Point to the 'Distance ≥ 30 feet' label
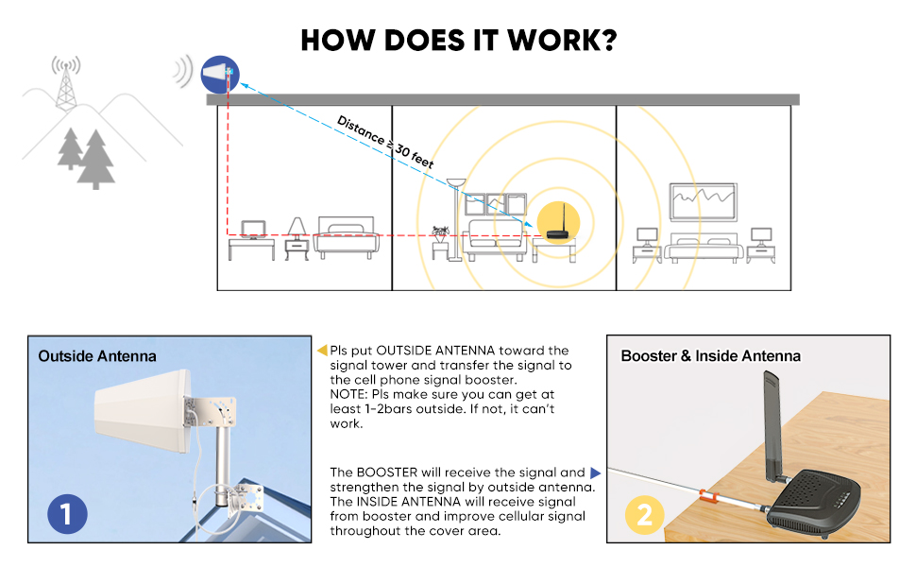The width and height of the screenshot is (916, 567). (385, 142)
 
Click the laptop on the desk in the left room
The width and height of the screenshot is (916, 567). (253, 228)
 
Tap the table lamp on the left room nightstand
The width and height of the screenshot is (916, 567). (297, 227)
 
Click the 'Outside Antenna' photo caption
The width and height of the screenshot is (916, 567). (97, 356)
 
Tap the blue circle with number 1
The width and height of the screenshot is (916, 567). (66, 515)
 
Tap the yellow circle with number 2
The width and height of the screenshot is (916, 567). (644, 516)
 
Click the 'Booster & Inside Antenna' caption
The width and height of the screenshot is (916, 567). (710, 356)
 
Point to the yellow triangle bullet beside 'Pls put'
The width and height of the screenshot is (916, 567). (322, 351)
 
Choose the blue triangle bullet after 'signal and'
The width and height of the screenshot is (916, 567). (595, 472)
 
